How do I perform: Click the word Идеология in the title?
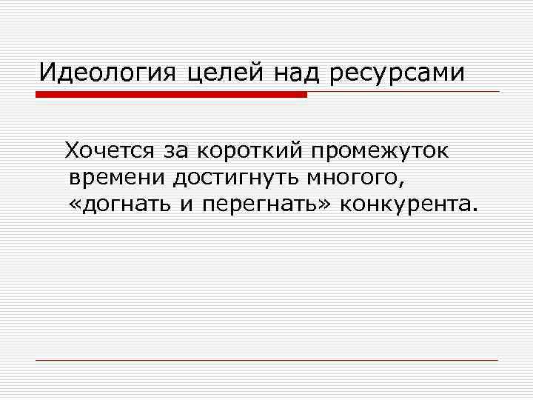pos(106,73)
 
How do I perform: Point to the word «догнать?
pos(118,204)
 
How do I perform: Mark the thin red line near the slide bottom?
pos(266,360)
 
